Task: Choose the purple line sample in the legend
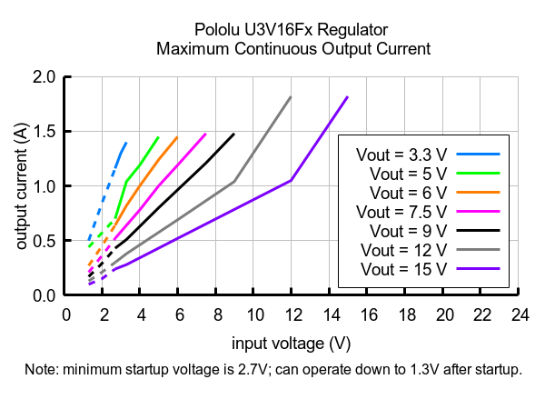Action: pyautogui.click(x=480, y=269)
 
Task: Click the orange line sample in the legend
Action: pyautogui.click(x=480, y=193)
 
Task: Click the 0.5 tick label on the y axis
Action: pyautogui.click(x=45, y=241)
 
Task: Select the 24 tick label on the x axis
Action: pyautogui.click(x=520, y=314)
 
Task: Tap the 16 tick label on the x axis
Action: pyautogui.click(x=368, y=314)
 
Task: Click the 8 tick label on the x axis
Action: pyautogui.click(x=217, y=314)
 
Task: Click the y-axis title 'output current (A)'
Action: pyautogui.click(x=21, y=186)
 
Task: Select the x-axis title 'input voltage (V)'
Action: pyautogui.click(x=292, y=343)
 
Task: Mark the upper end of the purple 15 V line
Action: pyautogui.click(x=347, y=97)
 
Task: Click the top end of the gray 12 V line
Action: pyautogui.click(x=290, y=97)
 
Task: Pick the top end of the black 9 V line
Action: pyautogui.click(x=233, y=135)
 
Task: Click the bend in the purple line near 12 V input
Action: pyautogui.click(x=291, y=180)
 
